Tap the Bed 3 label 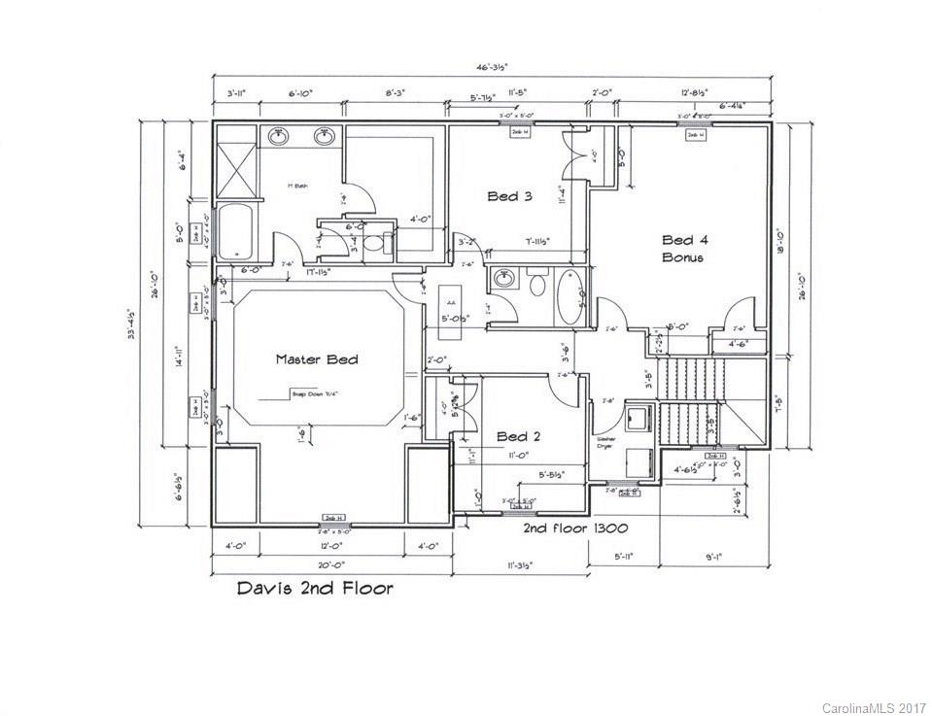click(x=509, y=196)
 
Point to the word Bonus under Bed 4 click(x=682, y=257)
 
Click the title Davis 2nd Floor click(x=316, y=588)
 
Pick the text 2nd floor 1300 click(x=574, y=528)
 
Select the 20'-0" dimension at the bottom click(x=331, y=563)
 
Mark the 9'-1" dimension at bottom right click(x=711, y=557)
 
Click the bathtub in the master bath click(x=234, y=231)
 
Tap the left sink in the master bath click(x=279, y=137)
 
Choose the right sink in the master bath click(x=324, y=137)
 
